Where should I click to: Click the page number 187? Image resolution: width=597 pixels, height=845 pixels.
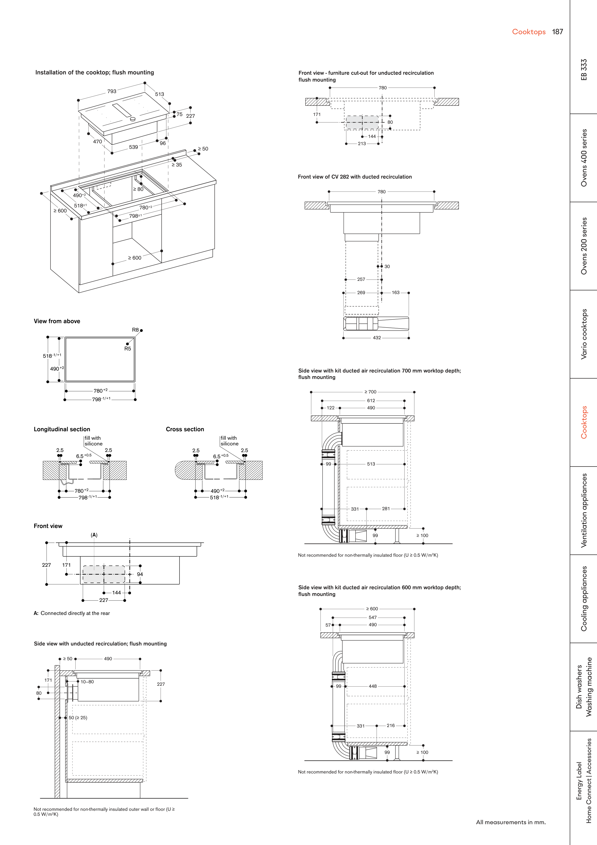click(557, 32)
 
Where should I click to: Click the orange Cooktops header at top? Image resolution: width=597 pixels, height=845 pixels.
click(529, 32)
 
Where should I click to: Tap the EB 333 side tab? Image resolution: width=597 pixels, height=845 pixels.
click(584, 70)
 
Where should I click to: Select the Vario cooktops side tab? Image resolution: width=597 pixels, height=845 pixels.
click(584, 334)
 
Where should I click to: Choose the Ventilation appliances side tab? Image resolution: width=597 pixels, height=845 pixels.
click(584, 511)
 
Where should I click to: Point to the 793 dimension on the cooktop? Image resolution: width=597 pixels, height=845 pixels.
click(112, 91)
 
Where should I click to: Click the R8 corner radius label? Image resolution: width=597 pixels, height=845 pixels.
click(135, 330)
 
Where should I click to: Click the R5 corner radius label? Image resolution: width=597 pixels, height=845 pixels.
click(128, 349)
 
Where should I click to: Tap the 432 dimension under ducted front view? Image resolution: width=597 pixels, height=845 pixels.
click(377, 338)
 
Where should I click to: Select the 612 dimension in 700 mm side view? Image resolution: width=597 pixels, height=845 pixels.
click(371, 400)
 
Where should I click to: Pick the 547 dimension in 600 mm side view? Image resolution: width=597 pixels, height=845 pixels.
click(373, 617)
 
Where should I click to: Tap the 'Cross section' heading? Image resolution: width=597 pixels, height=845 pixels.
click(185, 429)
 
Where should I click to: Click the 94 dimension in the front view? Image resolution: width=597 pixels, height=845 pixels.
click(140, 574)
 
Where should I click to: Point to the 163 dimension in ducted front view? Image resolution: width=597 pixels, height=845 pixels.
click(395, 293)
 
